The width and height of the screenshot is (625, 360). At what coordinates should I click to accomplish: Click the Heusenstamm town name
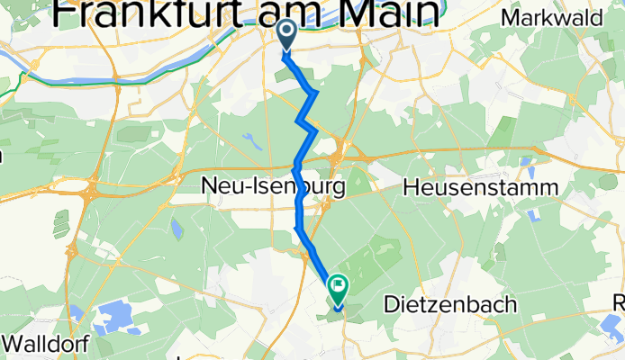click(x=482, y=188)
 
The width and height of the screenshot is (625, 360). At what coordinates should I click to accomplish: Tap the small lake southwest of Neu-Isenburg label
click(x=177, y=229)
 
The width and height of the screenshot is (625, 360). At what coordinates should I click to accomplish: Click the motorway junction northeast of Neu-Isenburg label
click(x=345, y=152)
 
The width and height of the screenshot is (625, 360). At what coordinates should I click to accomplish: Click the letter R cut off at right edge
click(x=619, y=302)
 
